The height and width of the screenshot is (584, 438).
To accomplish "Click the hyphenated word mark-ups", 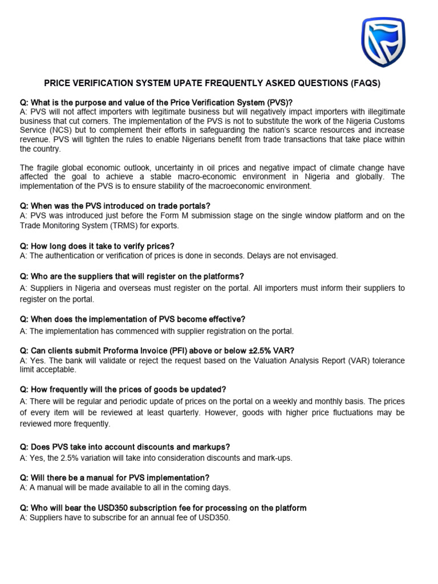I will click(x=274, y=457).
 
